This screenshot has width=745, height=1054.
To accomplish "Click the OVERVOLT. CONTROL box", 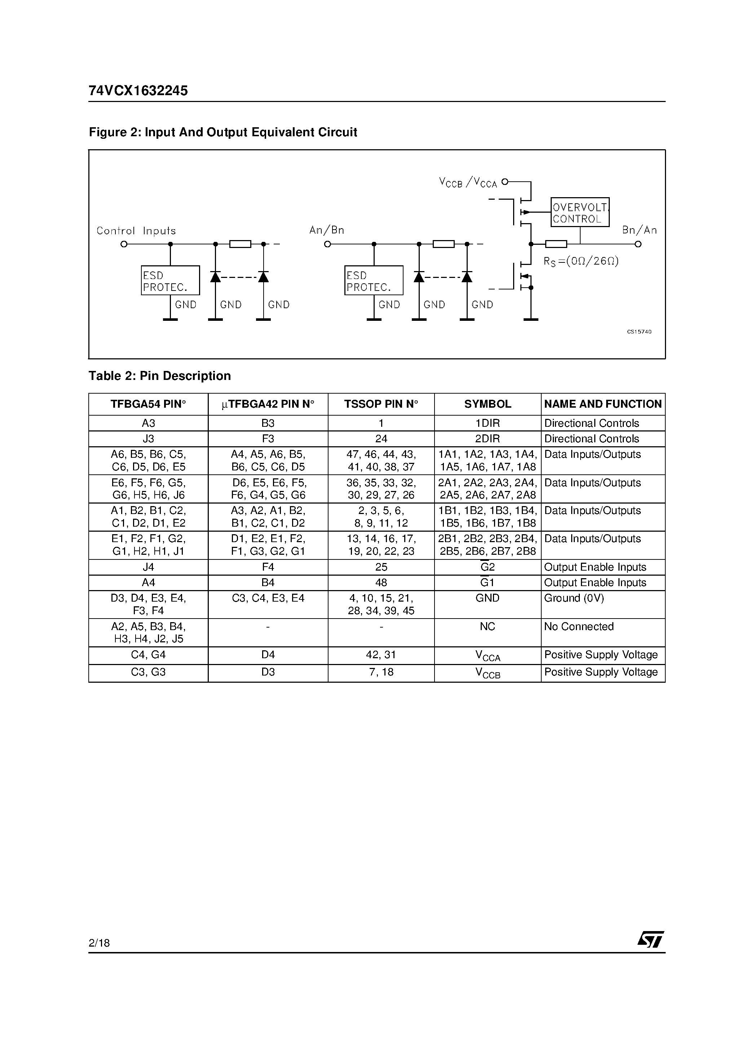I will (579, 213).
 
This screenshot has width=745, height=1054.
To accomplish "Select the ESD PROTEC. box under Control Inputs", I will (170, 280).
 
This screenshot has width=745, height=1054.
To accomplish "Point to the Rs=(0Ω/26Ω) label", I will (581, 261).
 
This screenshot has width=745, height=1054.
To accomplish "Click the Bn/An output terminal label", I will (639, 230).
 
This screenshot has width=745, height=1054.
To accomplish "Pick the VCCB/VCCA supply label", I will (468, 183).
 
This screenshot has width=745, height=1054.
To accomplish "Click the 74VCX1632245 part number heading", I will (138, 91).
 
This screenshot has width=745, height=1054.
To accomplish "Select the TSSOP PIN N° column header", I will (381, 404).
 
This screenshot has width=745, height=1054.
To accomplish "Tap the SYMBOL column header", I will (487, 404).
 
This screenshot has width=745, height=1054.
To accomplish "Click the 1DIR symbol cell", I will (487, 423).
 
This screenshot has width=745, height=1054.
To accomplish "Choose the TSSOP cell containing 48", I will (381, 583).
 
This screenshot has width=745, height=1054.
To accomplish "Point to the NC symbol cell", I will (487, 626).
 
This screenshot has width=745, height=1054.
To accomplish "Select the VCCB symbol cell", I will (487, 673).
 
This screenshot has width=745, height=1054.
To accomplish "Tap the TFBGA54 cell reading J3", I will (148, 439).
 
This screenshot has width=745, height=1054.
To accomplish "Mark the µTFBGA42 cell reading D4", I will (268, 655).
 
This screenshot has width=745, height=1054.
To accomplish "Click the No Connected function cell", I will (579, 626).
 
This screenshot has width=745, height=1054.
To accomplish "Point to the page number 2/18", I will (99, 943).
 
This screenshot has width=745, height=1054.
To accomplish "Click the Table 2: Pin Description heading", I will (160, 376).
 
